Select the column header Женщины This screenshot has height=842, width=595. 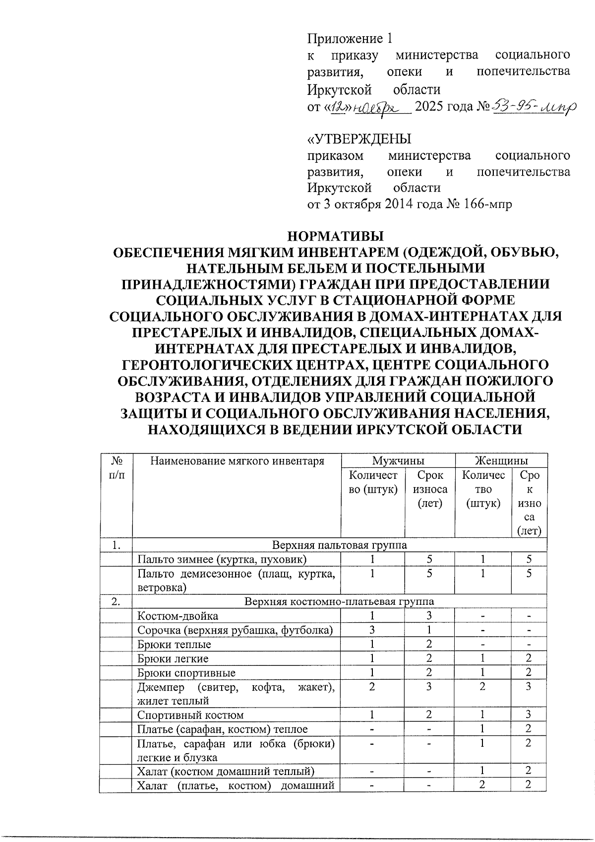(x=501, y=460)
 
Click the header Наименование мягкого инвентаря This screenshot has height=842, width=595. (x=237, y=461)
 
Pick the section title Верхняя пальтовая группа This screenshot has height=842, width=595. (x=340, y=545)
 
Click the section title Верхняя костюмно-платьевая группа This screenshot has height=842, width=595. (x=340, y=601)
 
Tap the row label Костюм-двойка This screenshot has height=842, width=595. (x=178, y=616)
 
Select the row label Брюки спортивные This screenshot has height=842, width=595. (x=186, y=673)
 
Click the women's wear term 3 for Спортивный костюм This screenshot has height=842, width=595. (x=529, y=715)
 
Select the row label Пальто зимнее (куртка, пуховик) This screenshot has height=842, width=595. (x=222, y=559)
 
